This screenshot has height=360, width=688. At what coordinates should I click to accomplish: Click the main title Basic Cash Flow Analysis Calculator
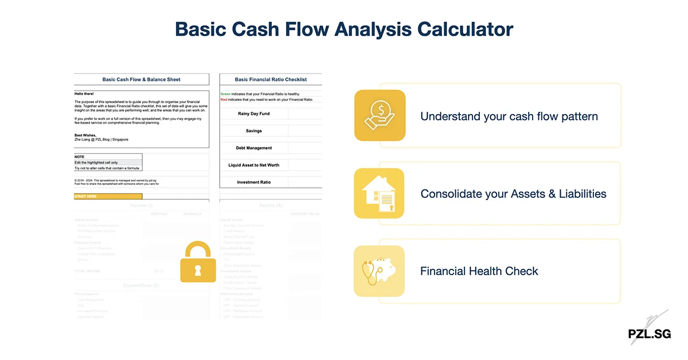[x=344, y=29]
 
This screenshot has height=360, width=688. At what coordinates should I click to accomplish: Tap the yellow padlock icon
[x=198, y=262]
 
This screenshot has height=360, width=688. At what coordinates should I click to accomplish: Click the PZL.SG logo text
[x=649, y=334]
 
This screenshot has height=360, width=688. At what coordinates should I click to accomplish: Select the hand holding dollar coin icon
[x=380, y=115]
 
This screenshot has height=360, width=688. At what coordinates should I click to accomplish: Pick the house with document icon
[x=379, y=193]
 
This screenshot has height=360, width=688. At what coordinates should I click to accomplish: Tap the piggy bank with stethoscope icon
[x=379, y=271]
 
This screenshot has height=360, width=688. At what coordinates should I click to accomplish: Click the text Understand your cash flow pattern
[x=509, y=116]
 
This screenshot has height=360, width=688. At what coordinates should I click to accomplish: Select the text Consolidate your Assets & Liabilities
[x=513, y=194]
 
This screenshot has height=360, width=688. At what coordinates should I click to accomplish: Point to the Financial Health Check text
[x=479, y=271]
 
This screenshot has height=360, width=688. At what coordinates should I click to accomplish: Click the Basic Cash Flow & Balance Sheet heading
[x=141, y=80]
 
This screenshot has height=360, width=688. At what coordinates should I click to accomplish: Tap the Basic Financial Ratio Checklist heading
[x=271, y=80]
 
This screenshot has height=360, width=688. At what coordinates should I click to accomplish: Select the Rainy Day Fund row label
[x=253, y=114]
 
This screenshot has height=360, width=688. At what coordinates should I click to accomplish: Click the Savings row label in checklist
[x=253, y=131]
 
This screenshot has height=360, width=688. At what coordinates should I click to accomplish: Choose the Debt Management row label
[x=253, y=148]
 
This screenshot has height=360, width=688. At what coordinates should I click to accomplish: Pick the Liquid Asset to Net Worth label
[x=253, y=165]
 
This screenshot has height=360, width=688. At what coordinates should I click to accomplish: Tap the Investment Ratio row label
[x=253, y=182]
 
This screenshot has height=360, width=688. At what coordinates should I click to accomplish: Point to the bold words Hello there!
[x=84, y=93]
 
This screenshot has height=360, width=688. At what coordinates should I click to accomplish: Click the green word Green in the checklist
[x=225, y=93]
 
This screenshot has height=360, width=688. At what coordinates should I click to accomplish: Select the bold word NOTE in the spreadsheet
[x=79, y=156]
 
